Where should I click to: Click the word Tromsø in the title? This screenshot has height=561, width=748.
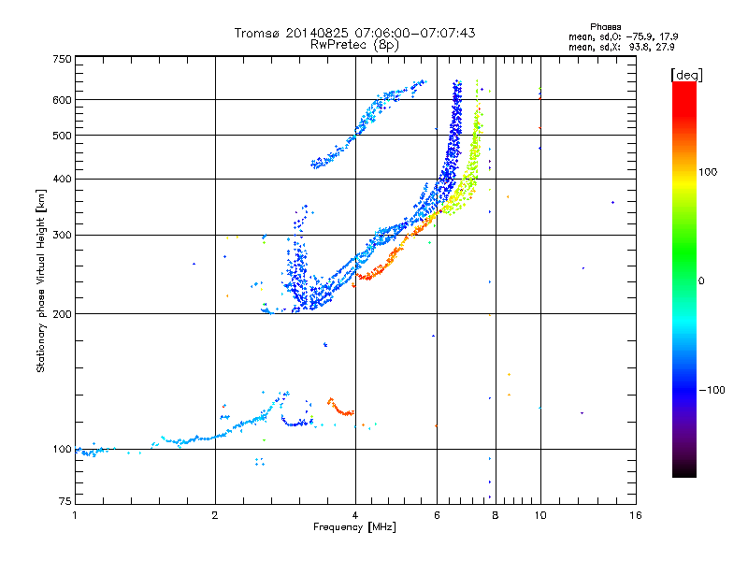point(257,33)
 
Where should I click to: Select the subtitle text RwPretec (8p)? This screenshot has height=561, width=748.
point(354,45)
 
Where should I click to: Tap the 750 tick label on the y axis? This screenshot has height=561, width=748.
point(63,59)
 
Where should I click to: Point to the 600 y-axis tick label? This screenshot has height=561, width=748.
point(63,100)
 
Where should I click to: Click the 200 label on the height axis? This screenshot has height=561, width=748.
point(63,314)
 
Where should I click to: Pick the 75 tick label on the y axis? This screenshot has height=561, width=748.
point(65,501)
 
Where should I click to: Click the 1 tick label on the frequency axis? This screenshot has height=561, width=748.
point(75,515)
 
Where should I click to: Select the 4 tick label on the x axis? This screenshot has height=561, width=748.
point(355,515)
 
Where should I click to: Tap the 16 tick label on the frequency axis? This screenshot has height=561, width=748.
point(636,515)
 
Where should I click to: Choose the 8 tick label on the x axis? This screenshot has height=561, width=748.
point(496,515)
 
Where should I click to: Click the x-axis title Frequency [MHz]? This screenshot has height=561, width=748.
point(354,527)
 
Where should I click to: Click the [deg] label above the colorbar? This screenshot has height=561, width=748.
point(686,76)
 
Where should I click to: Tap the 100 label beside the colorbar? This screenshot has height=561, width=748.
point(708,172)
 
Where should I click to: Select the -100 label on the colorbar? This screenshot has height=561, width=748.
point(712,390)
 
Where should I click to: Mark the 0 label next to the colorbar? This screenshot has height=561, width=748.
point(701,281)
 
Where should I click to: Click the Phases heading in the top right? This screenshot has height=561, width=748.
point(605,27)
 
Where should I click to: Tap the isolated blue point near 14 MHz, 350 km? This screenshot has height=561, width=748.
point(613,202)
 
